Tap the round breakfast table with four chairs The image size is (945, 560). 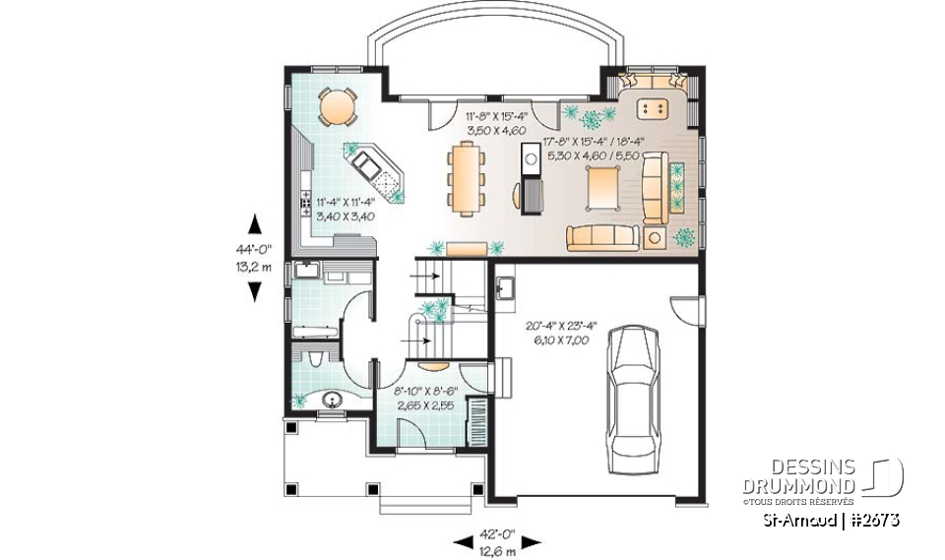(338, 106)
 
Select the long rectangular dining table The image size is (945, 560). (464, 177)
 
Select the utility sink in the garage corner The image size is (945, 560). (506, 287)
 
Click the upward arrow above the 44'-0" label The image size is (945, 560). (253, 222)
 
